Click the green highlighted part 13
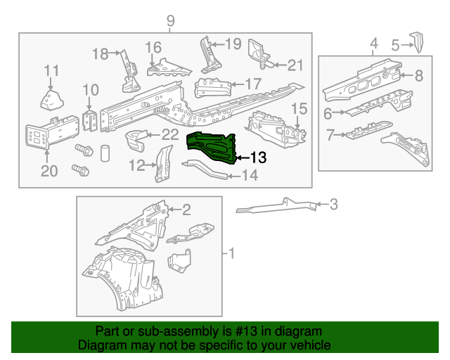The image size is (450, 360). [210, 145]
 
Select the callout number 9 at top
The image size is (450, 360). [169, 21]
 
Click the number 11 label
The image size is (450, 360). [52, 70]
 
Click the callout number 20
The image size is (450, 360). [48, 172]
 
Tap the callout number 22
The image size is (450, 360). [169, 134]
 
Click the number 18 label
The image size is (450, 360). [101, 53]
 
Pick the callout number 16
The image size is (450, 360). [153, 47]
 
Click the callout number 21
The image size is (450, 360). [295, 65]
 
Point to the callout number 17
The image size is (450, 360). [252, 83]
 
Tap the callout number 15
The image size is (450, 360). [299, 108]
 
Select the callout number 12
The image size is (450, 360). [136, 166]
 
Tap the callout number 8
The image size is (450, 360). [418, 76]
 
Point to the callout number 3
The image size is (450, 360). [333, 205]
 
